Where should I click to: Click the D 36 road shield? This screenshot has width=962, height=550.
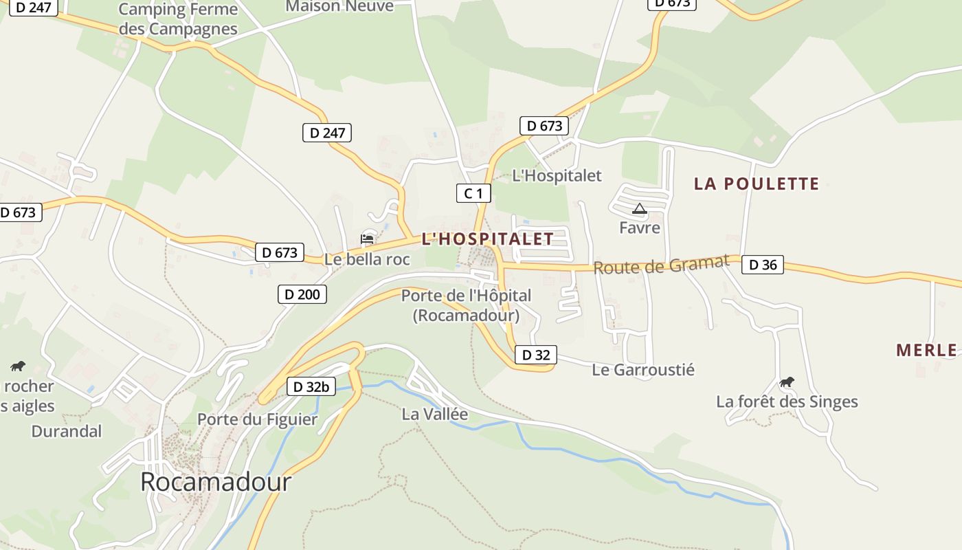click(762, 264)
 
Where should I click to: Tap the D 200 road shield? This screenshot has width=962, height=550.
click(302, 294)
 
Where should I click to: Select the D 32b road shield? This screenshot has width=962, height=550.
click(311, 386)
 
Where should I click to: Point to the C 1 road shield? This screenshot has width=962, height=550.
click(473, 193)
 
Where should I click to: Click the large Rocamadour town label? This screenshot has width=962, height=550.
click(216, 482)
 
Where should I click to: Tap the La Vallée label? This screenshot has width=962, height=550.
click(434, 414)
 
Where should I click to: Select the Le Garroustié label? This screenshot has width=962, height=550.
click(643, 370)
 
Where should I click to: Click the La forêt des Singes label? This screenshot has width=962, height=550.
click(787, 401)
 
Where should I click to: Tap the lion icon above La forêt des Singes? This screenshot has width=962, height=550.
click(787, 382)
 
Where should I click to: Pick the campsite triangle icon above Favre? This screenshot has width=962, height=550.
click(639, 209)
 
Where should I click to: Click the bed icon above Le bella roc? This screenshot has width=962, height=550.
click(367, 239)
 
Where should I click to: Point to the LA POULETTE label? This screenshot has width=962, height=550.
click(757, 184)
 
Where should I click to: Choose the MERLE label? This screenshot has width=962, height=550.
click(926, 350)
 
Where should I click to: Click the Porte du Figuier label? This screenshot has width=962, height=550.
click(257, 419)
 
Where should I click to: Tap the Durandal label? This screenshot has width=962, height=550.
click(67, 432)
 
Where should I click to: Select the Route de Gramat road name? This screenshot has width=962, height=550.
click(660, 265)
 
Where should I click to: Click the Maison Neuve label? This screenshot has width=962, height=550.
click(339, 6)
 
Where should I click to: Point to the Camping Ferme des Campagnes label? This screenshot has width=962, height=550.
click(178, 19)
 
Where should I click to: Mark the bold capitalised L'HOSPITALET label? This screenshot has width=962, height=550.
click(487, 239)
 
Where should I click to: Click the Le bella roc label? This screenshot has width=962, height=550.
click(367, 259)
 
